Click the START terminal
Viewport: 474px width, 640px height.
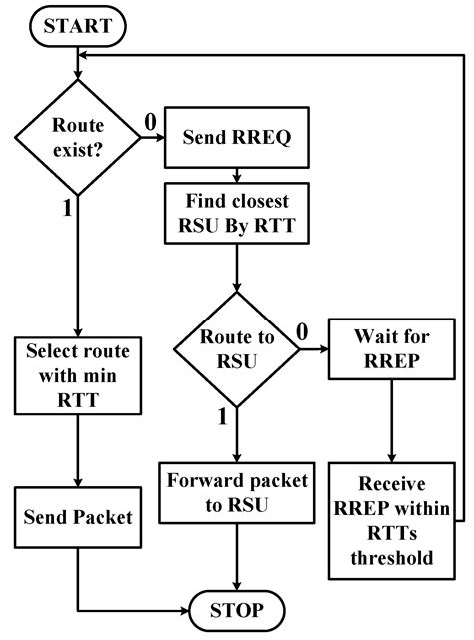(78, 23)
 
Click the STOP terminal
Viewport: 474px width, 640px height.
(236, 609)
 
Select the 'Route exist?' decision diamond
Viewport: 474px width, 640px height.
(78, 142)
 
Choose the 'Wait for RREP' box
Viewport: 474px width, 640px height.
(391, 349)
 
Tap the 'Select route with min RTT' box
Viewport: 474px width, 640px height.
(78, 376)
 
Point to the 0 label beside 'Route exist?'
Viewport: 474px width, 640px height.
(151, 122)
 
